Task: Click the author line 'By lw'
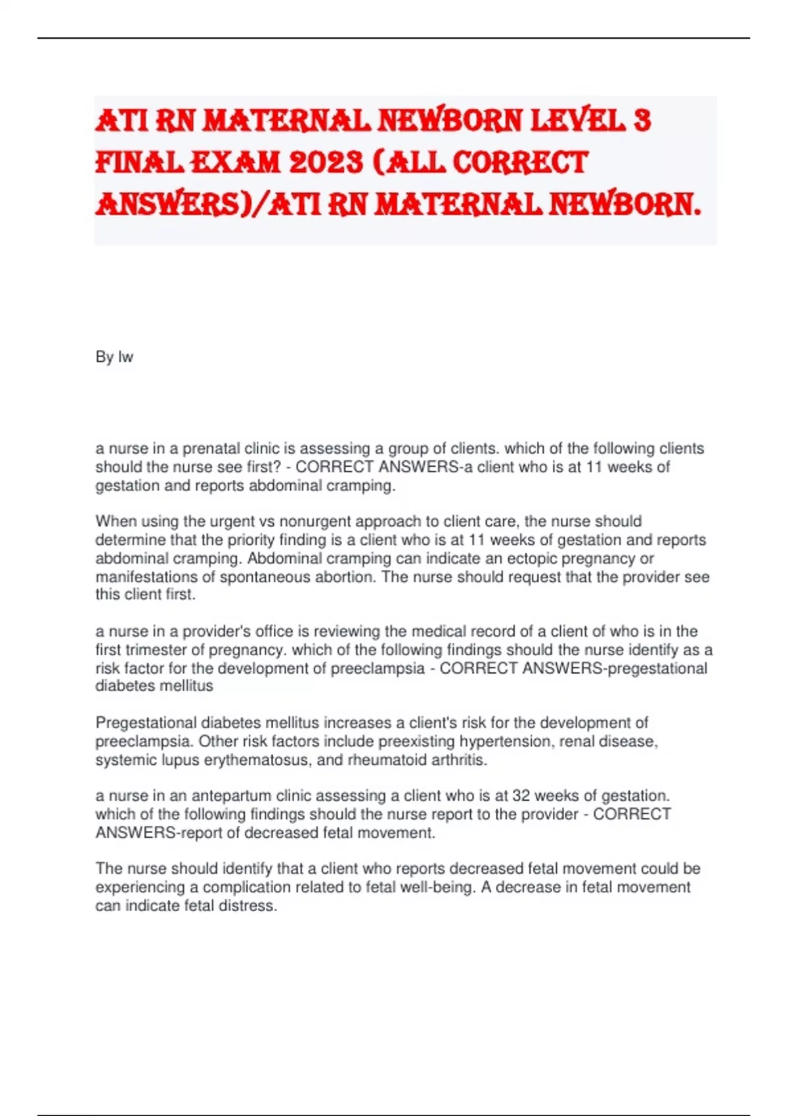(x=114, y=357)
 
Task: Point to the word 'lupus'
(x=182, y=760)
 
